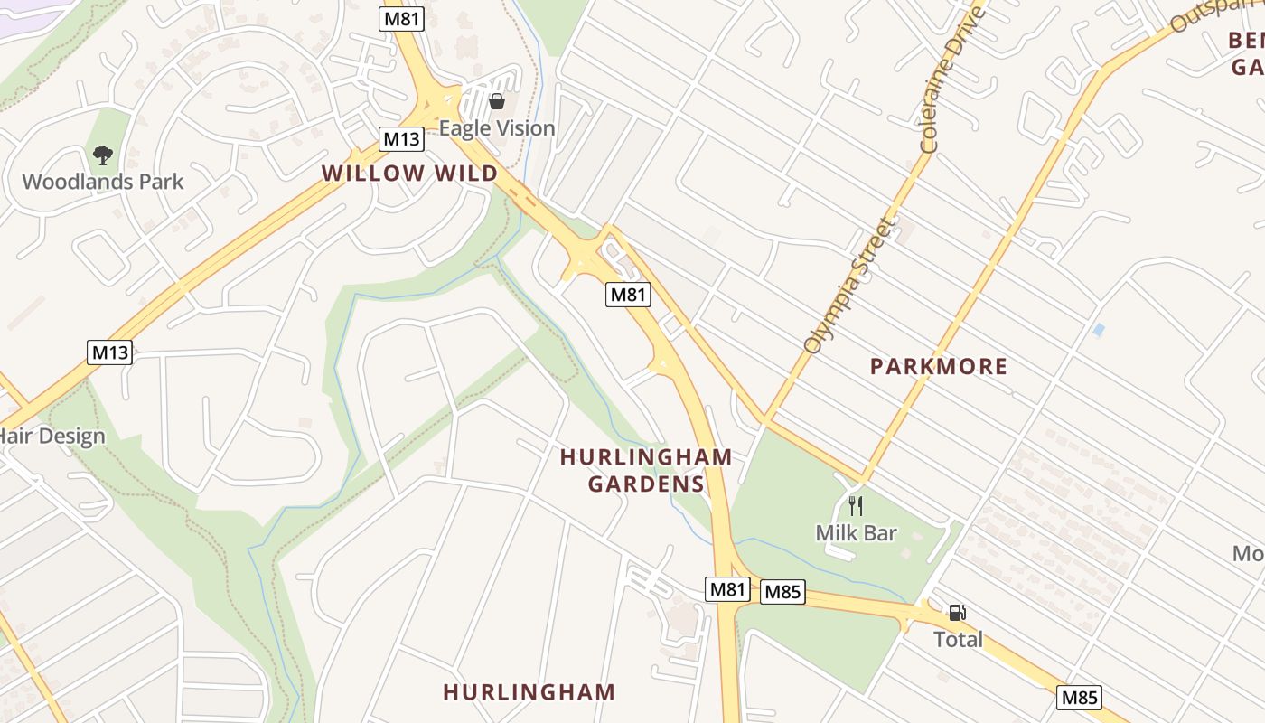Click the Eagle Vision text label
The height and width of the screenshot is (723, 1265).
(x=497, y=128)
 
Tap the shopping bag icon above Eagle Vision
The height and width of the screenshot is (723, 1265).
(x=496, y=101)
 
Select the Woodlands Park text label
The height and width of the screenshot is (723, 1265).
(x=102, y=182)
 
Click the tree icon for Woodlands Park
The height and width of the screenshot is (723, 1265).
(x=103, y=155)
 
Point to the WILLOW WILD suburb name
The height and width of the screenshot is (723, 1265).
(x=409, y=174)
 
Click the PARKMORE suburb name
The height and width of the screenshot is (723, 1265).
(x=938, y=366)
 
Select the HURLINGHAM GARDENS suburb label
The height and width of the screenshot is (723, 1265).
(x=645, y=470)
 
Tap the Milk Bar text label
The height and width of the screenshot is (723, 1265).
(x=856, y=533)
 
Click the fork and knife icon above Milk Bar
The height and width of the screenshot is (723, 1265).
(x=855, y=506)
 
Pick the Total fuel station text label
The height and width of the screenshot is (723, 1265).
(x=957, y=640)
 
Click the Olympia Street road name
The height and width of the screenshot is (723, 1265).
(x=847, y=286)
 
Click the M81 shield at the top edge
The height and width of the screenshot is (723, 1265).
(x=401, y=19)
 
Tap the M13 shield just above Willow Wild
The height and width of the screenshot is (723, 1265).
(x=401, y=139)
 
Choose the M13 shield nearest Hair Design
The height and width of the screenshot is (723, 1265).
(x=109, y=352)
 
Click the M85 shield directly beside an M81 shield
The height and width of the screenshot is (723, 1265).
(x=782, y=592)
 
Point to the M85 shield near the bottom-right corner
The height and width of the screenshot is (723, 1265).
(x=1079, y=698)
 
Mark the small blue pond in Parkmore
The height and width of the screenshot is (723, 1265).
(x=1098, y=330)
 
